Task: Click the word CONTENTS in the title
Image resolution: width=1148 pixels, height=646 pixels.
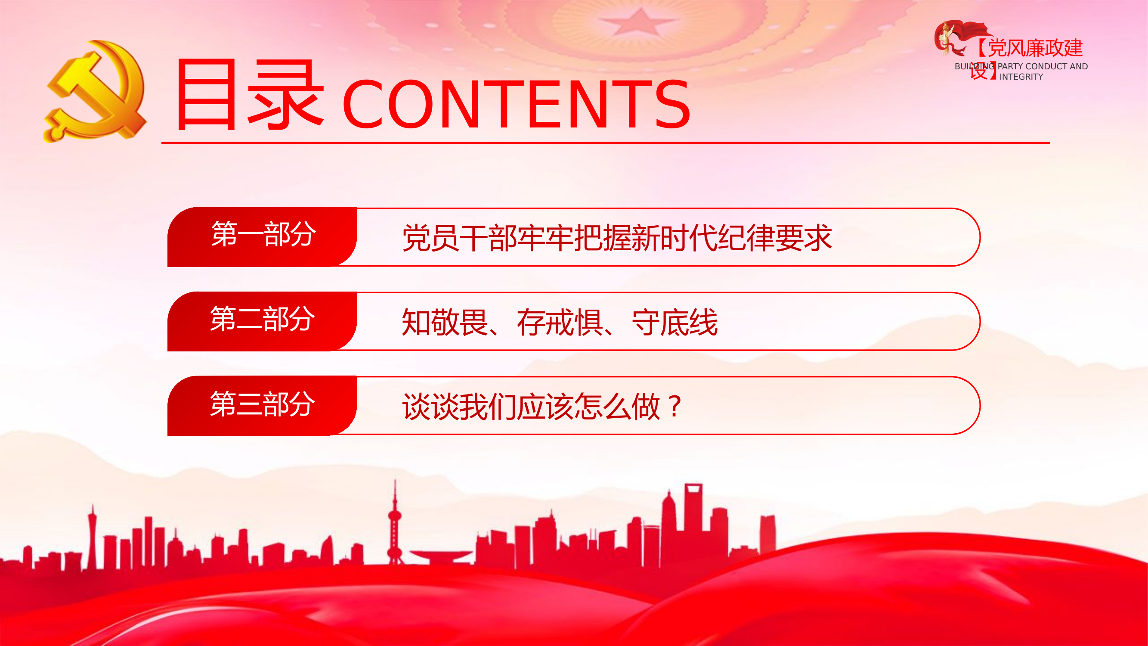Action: click(516, 104)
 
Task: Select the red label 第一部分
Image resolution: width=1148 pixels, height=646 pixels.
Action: click(263, 235)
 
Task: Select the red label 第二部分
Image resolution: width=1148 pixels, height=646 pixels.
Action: click(262, 319)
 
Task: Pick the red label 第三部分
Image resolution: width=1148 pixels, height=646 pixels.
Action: click(262, 404)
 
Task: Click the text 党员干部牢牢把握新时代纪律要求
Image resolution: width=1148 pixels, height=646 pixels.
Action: click(616, 238)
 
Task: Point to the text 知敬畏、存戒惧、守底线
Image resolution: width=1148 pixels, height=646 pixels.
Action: click(559, 322)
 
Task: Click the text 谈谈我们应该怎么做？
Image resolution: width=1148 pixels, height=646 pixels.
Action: click(542, 407)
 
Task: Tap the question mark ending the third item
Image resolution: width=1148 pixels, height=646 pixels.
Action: click(675, 407)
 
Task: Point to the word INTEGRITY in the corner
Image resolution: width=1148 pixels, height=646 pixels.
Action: click(1021, 77)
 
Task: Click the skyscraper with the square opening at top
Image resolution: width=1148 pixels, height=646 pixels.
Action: click(693, 508)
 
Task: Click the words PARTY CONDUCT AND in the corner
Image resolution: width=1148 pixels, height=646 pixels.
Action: click(1043, 66)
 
